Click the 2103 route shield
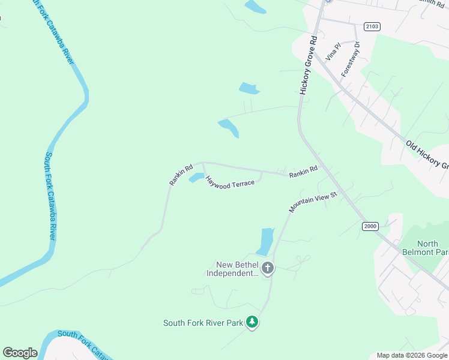pyautogui.click(x=372, y=26)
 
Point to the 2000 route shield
pyautogui.click(x=370, y=226)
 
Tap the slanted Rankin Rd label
pyautogui.click(x=180, y=174)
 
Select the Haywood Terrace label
pyautogui.click(x=230, y=182)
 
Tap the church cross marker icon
pyautogui.click(x=267, y=268)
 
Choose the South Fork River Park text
pyautogui.click(x=203, y=323)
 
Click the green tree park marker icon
pyautogui.click(x=253, y=323)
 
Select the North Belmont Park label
pyautogui.click(x=426, y=248)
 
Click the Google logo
pyautogui.click(x=20, y=353)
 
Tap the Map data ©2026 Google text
pyautogui.click(x=412, y=355)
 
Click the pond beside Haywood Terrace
pyautogui.click(x=196, y=178)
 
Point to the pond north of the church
pyautogui.click(x=265, y=241)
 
